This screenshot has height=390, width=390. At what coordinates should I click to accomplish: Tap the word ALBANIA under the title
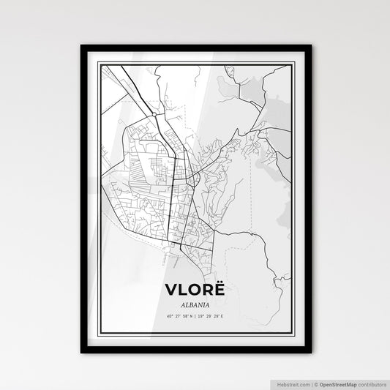[195, 304]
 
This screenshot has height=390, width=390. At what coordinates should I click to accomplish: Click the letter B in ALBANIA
[190, 304]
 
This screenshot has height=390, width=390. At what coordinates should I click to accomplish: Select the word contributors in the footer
[370, 383]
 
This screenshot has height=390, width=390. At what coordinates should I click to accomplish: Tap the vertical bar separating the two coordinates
[195, 317]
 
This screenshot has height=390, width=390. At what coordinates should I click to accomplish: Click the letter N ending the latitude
[191, 317]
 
